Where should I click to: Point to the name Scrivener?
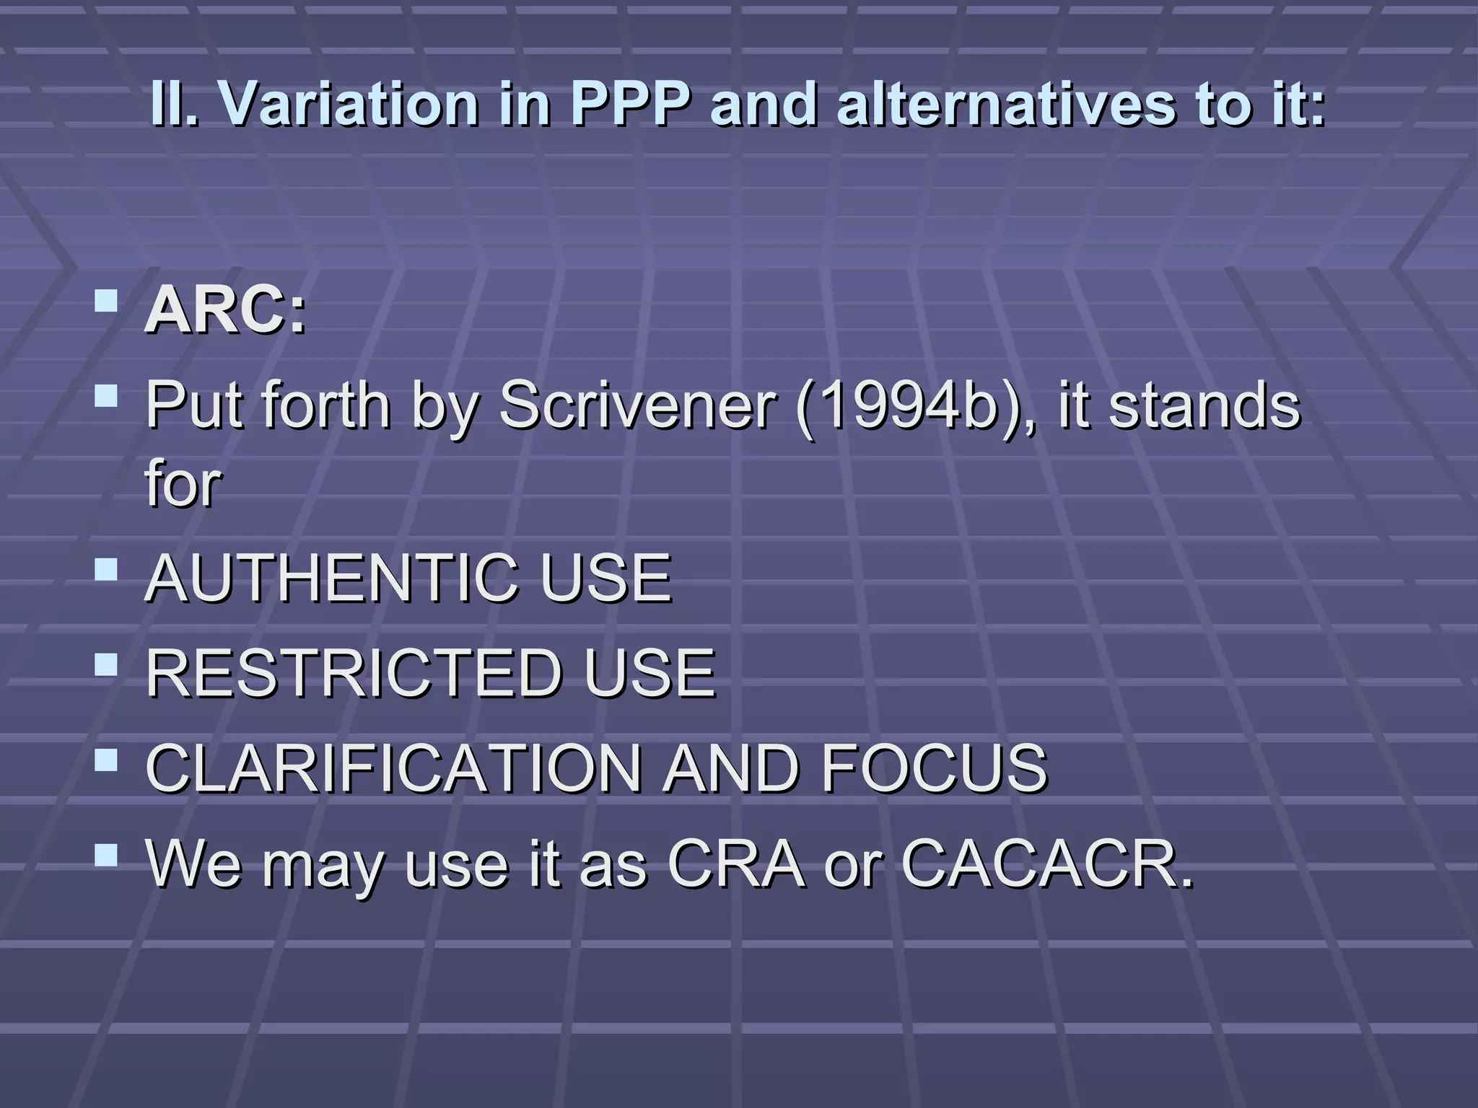637,405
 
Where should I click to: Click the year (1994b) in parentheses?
914,405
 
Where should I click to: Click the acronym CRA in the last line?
735,863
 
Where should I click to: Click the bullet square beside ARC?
106,300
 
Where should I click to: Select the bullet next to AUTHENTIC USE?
106,570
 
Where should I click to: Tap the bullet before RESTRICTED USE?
106,665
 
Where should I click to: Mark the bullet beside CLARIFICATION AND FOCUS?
106,760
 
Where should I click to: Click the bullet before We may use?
106,856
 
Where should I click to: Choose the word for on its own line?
183,483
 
